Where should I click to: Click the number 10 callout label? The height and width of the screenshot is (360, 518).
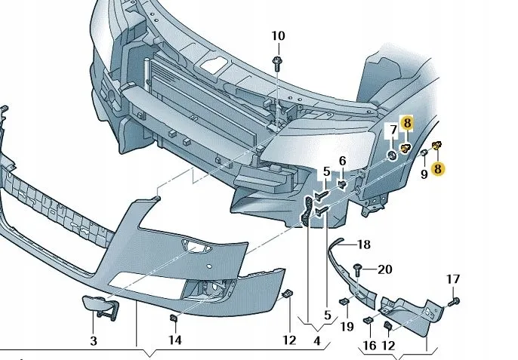pyautogui.click(x=278, y=35)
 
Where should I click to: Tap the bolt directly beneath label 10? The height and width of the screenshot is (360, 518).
pyautogui.click(x=278, y=60)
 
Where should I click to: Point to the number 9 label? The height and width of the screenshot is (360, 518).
pyautogui.click(x=424, y=174)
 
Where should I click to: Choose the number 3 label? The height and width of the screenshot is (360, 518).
pyautogui.click(x=94, y=340)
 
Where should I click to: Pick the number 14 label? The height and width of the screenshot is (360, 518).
pyautogui.click(x=174, y=340)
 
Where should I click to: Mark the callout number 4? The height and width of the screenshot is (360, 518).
pyautogui.click(x=317, y=340)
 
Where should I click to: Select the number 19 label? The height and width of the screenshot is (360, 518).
pyautogui.click(x=347, y=326)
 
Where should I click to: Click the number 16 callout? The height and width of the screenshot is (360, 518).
pyautogui.click(x=370, y=345)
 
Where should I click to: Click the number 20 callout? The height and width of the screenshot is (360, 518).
pyautogui.click(x=385, y=269)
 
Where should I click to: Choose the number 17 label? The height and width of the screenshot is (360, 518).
pyautogui.click(x=452, y=279)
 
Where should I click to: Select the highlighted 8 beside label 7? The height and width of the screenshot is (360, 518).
pyautogui.click(x=407, y=122)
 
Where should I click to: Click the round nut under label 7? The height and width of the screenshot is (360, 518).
pyautogui.click(x=393, y=155)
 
